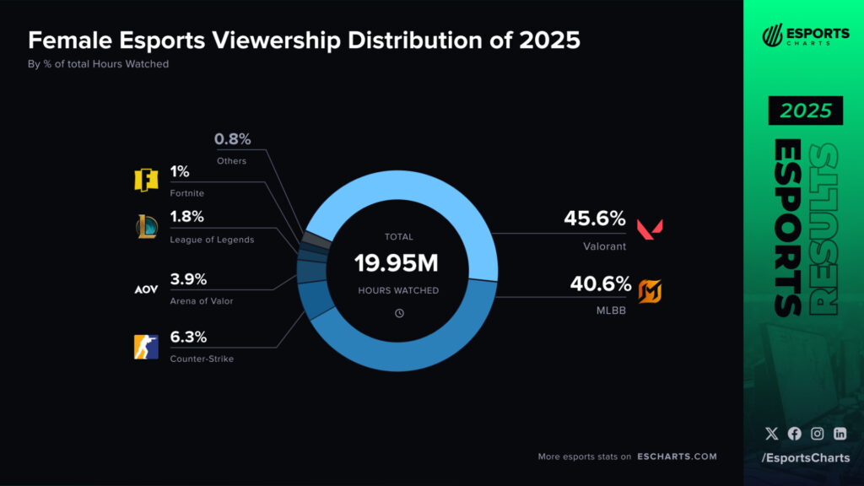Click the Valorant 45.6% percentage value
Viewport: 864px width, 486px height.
[x=595, y=219]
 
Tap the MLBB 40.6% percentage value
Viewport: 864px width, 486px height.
[x=601, y=284]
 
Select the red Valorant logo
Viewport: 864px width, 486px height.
[x=650, y=228]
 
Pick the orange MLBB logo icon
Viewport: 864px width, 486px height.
[x=650, y=291]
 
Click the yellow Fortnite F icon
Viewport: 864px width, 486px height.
[x=146, y=181]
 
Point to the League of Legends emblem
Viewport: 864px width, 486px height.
[x=146, y=227]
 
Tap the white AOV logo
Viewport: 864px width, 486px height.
[x=146, y=289]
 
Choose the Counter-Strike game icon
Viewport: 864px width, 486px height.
[x=146, y=347]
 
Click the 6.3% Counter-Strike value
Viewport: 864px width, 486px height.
[x=188, y=337]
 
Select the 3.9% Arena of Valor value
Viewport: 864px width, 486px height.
[x=188, y=279]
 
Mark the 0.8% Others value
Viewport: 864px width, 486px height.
[x=232, y=139]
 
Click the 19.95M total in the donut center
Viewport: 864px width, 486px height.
[x=397, y=263]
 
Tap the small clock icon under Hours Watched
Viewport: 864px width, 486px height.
[x=399, y=313]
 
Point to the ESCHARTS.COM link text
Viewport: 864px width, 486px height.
[x=677, y=456]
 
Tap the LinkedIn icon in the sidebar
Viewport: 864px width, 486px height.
[x=840, y=434]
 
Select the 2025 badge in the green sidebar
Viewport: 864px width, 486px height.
[x=805, y=111]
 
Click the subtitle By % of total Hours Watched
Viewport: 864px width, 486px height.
[x=99, y=64]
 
